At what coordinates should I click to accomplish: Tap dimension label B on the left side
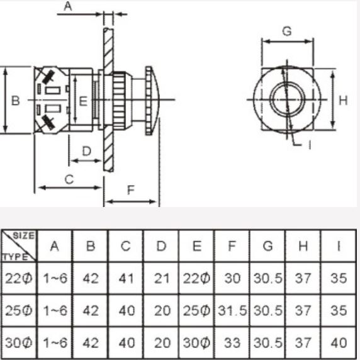pyautogui.click(x=16, y=101)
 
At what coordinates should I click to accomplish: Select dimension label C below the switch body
pyautogui.click(x=69, y=179)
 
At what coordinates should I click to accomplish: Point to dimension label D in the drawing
pyautogui.click(x=87, y=150)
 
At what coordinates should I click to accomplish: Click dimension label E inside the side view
pyautogui.click(x=83, y=101)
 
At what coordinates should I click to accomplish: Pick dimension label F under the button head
pyautogui.click(x=131, y=191)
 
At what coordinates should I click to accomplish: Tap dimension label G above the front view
pyautogui.click(x=287, y=31)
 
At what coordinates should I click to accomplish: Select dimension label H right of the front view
pyautogui.click(x=343, y=101)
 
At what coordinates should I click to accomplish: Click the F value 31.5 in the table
pyautogui.click(x=232, y=311)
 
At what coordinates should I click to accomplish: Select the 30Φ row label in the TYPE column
pyautogui.click(x=18, y=343)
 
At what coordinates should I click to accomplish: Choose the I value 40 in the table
pyautogui.click(x=338, y=343)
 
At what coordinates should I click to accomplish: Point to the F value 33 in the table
pyautogui.click(x=232, y=343)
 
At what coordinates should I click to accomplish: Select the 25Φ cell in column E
pyautogui.click(x=197, y=311)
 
